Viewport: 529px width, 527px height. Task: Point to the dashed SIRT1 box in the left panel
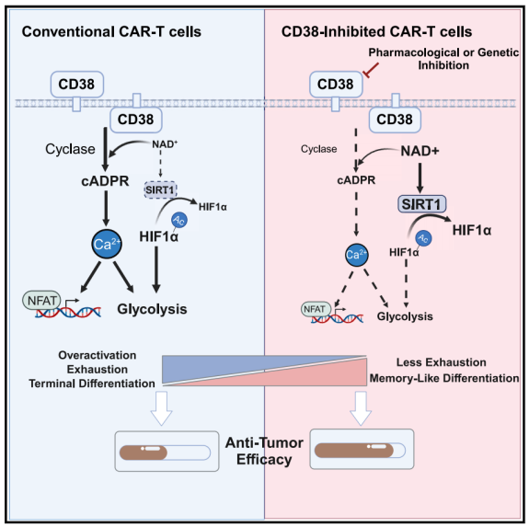tap(161, 188)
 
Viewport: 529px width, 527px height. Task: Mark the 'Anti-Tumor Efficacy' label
tap(265, 450)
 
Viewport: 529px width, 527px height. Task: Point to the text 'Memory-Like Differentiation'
tap(443, 378)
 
